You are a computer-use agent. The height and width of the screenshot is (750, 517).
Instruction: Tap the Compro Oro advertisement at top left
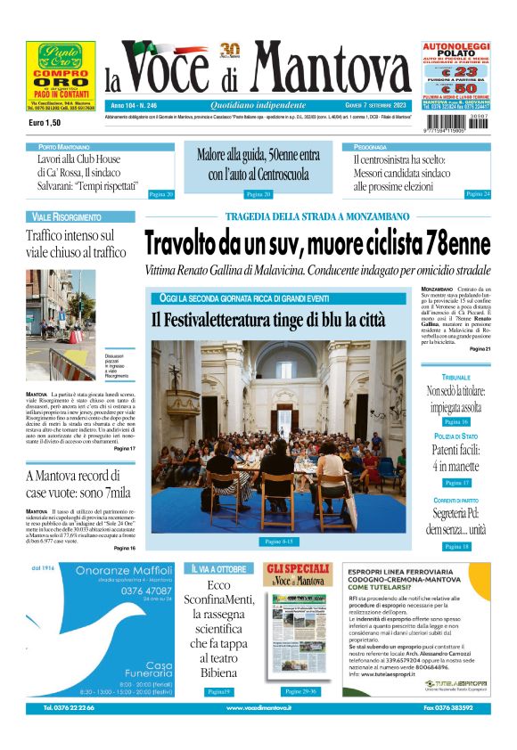(x=61, y=76)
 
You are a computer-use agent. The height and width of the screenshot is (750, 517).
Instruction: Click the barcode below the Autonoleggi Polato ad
(x=455, y=123)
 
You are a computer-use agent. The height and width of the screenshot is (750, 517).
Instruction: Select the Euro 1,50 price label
(x=44, y=122)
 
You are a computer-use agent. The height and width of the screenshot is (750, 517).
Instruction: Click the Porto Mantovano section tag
(x=63, y=146)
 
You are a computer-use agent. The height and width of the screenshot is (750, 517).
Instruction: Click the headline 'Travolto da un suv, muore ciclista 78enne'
(x=317, y=242)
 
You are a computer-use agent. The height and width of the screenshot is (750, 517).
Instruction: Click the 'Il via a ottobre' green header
(x=217, y=568)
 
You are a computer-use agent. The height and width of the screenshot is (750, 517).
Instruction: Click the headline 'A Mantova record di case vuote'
(x=80, y=484)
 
